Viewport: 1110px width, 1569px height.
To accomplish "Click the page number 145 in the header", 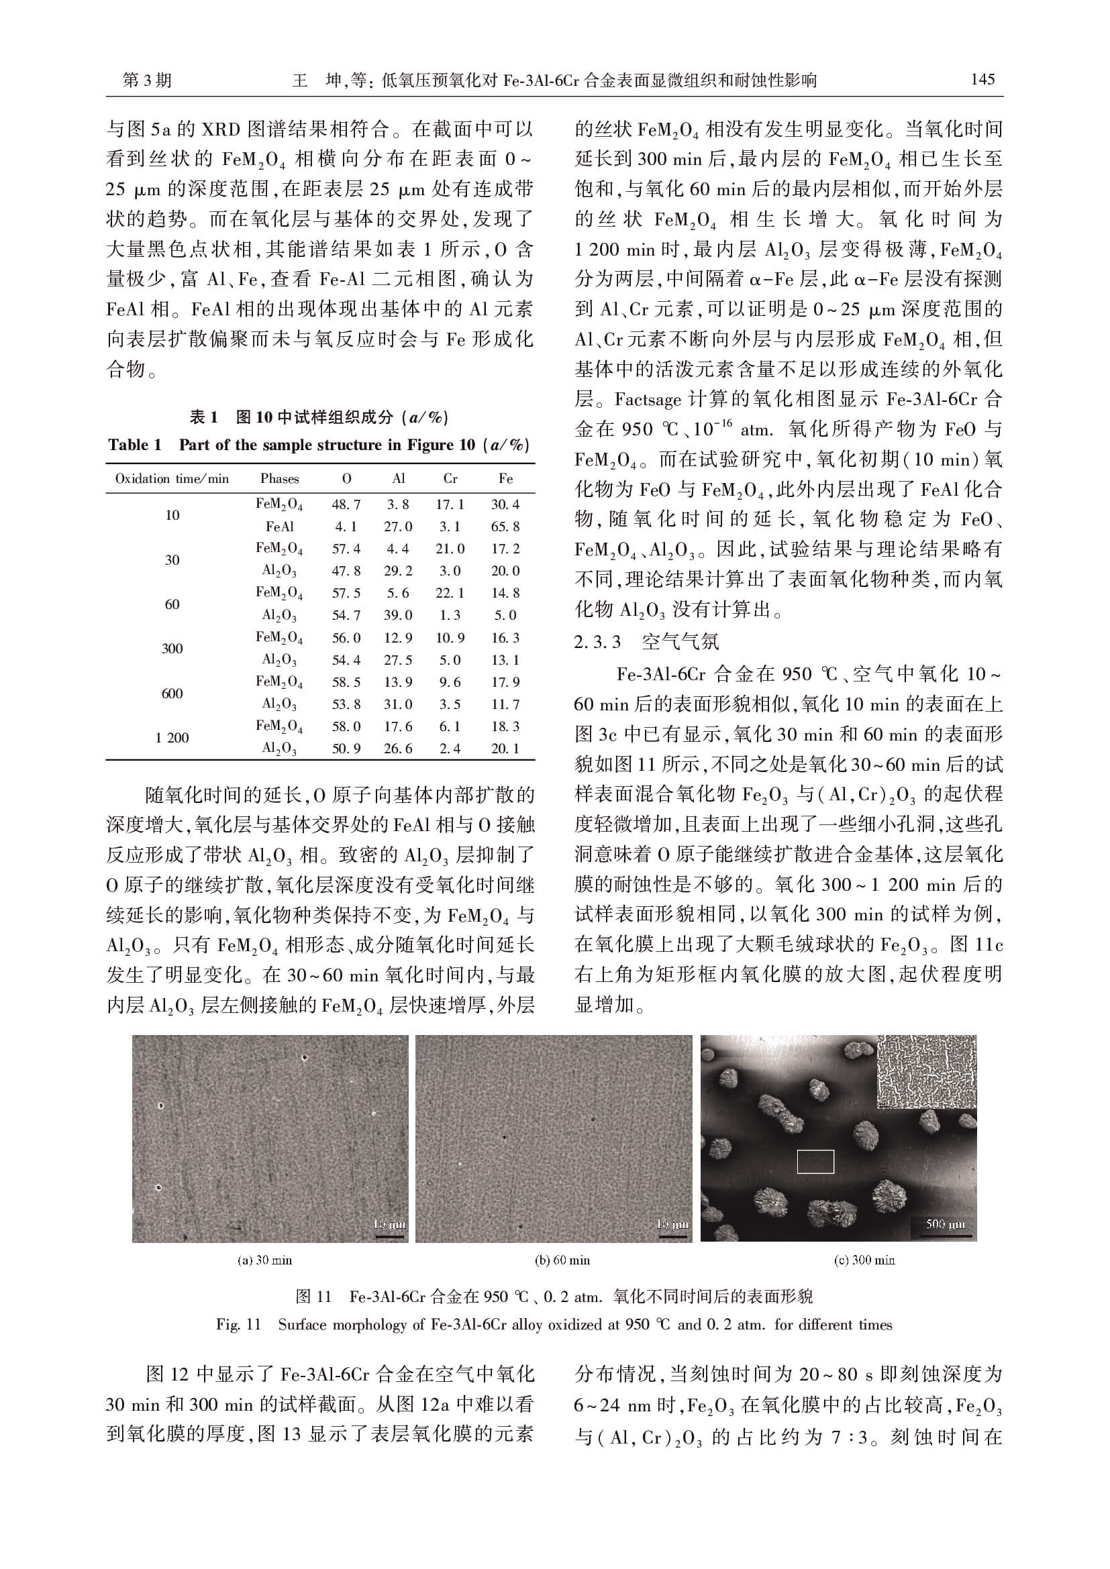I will point(982,80).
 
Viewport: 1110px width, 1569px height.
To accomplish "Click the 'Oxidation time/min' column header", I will point(172,478).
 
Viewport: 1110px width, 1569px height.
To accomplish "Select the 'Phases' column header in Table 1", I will point(280,478).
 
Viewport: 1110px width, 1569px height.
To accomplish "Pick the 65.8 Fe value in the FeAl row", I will point(505,526).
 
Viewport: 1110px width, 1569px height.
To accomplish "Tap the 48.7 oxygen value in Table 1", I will point(346,504).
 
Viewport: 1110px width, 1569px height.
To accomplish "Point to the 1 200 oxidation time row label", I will point(172,737).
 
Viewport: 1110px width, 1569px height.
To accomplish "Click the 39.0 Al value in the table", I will point(398,615).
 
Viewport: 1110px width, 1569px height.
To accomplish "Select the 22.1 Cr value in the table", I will point(450,593).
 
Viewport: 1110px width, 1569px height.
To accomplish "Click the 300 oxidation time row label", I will point(172,649).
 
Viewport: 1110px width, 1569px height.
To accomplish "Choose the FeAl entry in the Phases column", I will point(280,526).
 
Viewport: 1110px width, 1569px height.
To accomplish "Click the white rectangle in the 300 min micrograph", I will point(815,1162).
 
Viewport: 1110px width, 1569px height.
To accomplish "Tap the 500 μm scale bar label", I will point(946,1224).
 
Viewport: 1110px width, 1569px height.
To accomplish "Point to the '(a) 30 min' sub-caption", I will point(264,1260).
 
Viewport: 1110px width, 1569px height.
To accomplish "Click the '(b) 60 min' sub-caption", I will point(562,1260).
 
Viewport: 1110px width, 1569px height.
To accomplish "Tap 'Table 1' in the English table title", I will point(135,445).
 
